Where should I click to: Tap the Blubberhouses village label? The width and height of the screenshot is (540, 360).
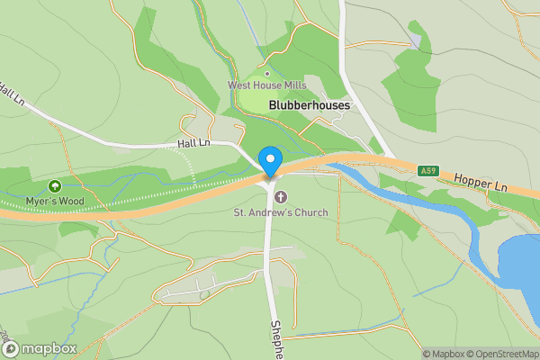309,105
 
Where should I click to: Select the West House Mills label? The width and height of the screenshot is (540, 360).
266,85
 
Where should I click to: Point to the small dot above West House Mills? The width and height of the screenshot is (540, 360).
266,74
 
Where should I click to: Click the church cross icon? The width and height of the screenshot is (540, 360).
279,197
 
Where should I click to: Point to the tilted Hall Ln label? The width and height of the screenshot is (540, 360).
12,94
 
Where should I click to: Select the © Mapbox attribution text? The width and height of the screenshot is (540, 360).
445,354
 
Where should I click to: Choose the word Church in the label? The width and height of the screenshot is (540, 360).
308,212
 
